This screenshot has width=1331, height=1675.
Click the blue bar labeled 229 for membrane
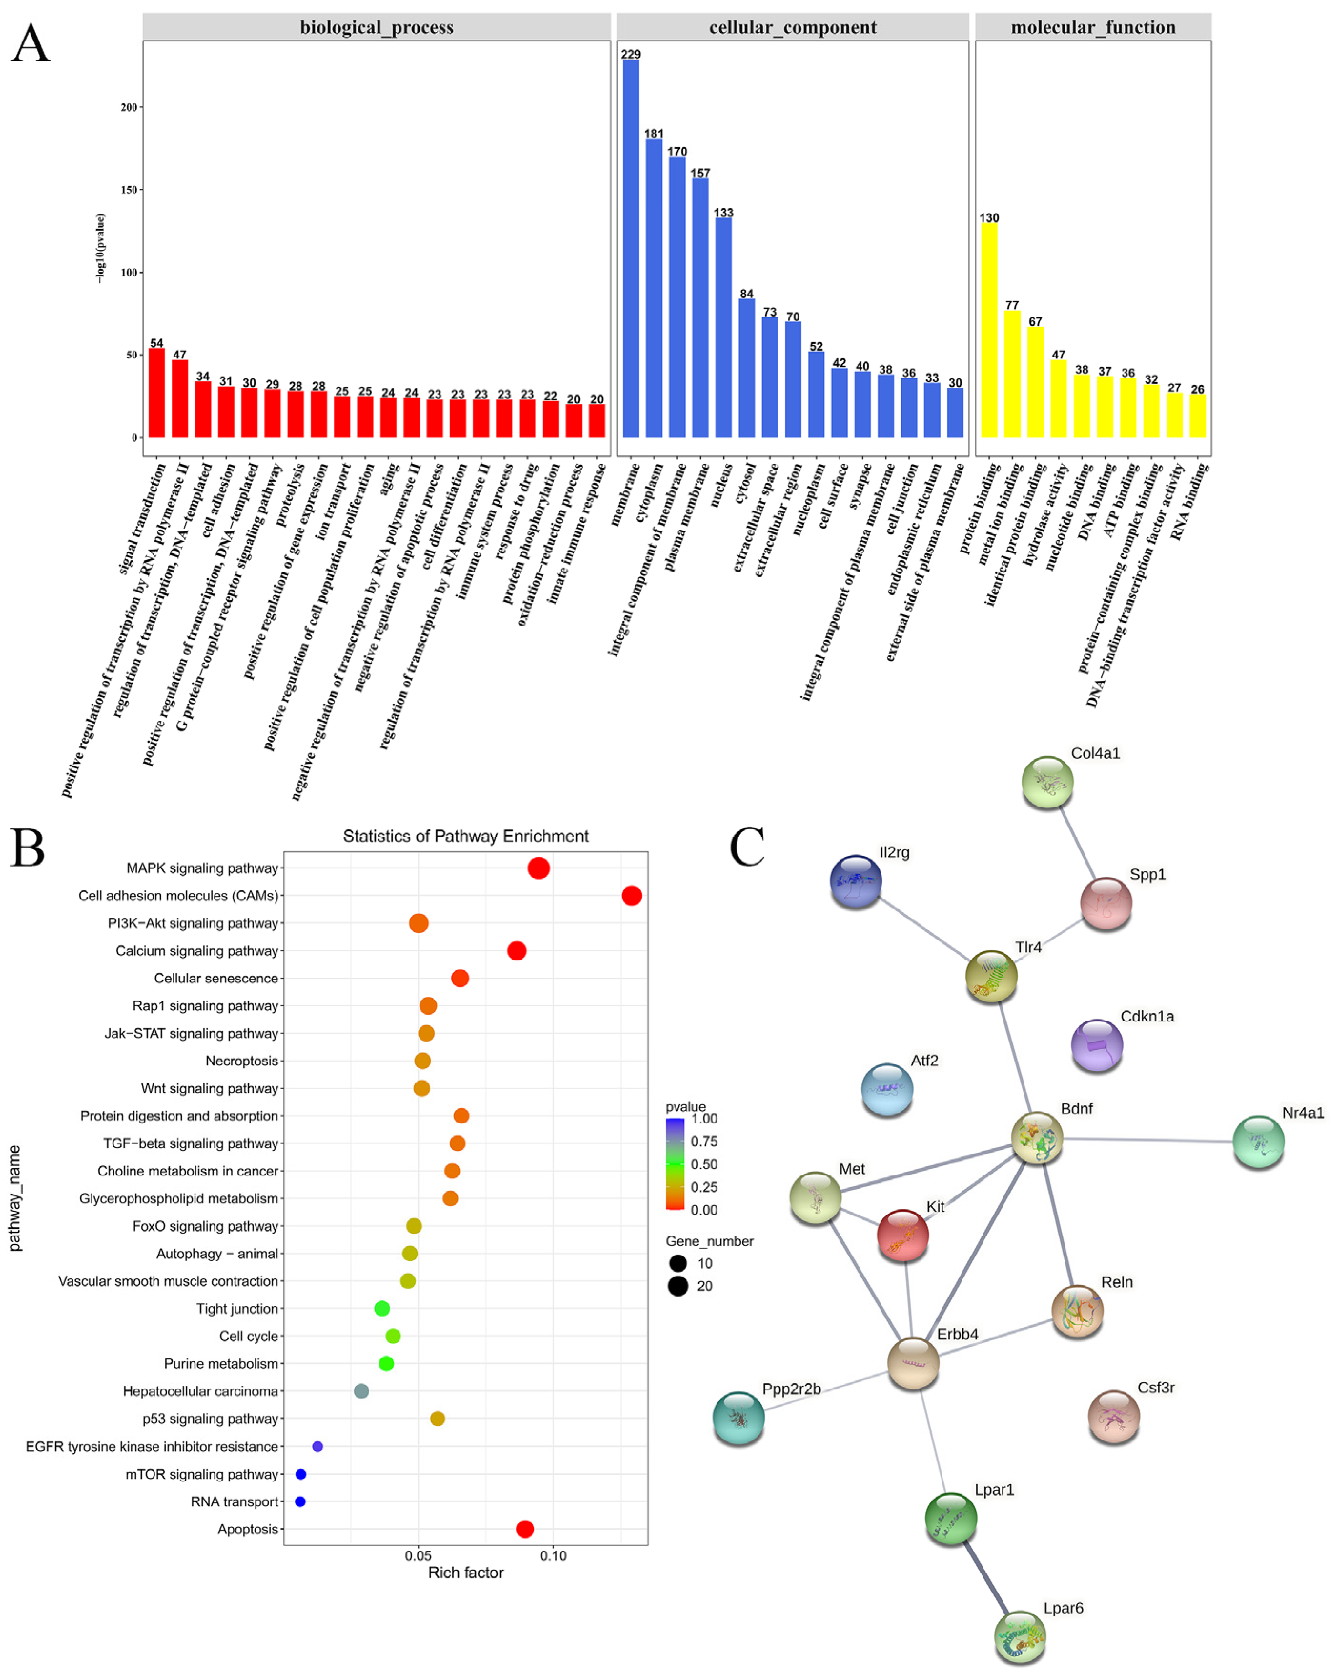pyautogui.click(x=630, y=249)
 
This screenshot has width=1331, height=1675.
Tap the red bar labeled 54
pyautogui.click(x=156, y=392)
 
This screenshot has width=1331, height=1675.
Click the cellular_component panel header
pyautogui.click(x=792, y=27)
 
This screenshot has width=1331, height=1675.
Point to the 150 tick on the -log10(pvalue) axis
pyautogui.click(x=129, y=190)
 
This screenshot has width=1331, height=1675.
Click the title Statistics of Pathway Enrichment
pyautogui.click(x=465, y=836)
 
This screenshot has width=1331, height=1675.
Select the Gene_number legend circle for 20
pyautogui.click(x=677, y=1286)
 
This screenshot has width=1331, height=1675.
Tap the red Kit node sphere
pyautogui.click(x=902, y=1235)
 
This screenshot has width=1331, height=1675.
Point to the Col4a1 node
pyautogui.click(x=1046, y=782)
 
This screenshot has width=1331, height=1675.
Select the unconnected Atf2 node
pyautogui.click(x=887, y=1088)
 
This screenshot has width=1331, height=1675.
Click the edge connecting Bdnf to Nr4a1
pyautogui.click(x=1148, y=1140)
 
